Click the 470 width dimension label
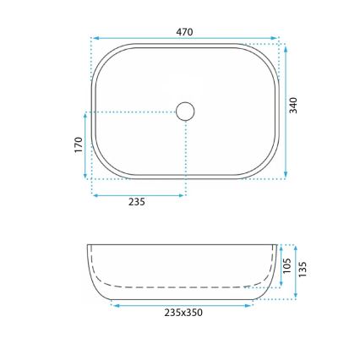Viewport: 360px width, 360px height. coord(184,32)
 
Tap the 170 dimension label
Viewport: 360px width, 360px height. coord(78,145)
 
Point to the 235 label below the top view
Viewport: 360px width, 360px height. coord(137,202)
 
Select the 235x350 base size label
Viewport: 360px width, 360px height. coord(183,312)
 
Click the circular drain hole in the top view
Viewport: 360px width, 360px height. coord(185,111)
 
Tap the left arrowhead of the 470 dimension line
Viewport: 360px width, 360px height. coord(94,38)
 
